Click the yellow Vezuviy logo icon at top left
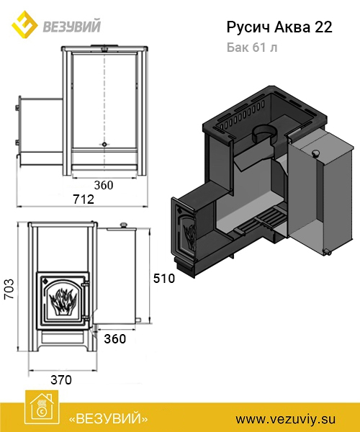pos(24,24)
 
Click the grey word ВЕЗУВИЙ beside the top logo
pos(71,27)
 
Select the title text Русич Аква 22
pos(279,28)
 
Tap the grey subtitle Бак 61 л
pos(252,48)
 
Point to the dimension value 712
pos(84,199)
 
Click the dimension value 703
pos(9,289)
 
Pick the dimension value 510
pos(164,279)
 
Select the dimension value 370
pos(61,380)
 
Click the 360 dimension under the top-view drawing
pos(104,185)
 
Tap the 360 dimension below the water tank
pos(115,339)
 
